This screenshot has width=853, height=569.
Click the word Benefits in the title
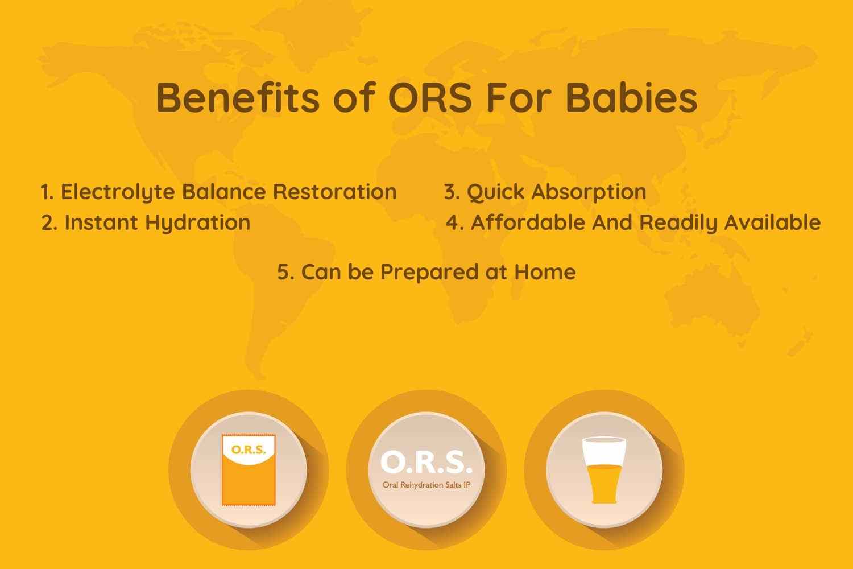pos(238,97)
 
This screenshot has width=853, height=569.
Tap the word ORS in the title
pos(430,97)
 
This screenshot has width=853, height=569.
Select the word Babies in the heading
pos(632,97)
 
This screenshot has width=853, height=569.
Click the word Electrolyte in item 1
pos(117,192)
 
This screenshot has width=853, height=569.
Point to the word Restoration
pos(335,191)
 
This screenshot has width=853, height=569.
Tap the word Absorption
pos(589,192)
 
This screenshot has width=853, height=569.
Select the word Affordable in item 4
pos(528,222)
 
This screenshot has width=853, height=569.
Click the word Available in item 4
pos(772,222)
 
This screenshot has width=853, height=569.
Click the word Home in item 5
pos(545,272)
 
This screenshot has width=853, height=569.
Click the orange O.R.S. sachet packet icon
pos(249,470)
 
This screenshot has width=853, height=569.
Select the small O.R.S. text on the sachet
pos(249,450)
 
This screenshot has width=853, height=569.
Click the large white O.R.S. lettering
pos(426,462)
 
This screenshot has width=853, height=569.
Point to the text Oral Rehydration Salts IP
pos(426,485)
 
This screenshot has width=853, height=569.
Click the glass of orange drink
pos(604,470)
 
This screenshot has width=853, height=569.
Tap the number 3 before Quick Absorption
pos(452,192)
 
